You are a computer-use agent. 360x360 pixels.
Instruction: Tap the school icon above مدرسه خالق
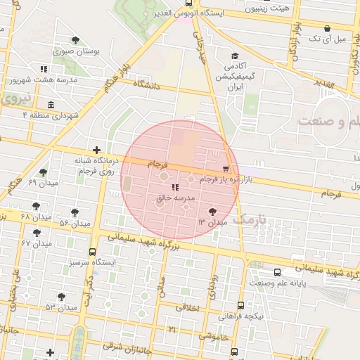click(x=174, y=188)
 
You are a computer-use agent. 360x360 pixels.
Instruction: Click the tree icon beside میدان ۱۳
click(x=212, y=210)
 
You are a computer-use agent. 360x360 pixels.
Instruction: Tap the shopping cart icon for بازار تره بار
click(x=225, y=169)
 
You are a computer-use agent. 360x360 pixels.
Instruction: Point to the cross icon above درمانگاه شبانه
click(x=96, y=150)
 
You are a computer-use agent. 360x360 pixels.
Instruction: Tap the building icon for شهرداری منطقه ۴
click(x=51, y=104)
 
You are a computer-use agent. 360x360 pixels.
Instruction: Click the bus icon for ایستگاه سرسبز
click(x=92, y=252)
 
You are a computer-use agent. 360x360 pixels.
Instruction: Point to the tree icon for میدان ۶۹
click(x=44, y=172)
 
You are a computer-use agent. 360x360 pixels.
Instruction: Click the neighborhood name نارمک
click(x=250, y=221)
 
